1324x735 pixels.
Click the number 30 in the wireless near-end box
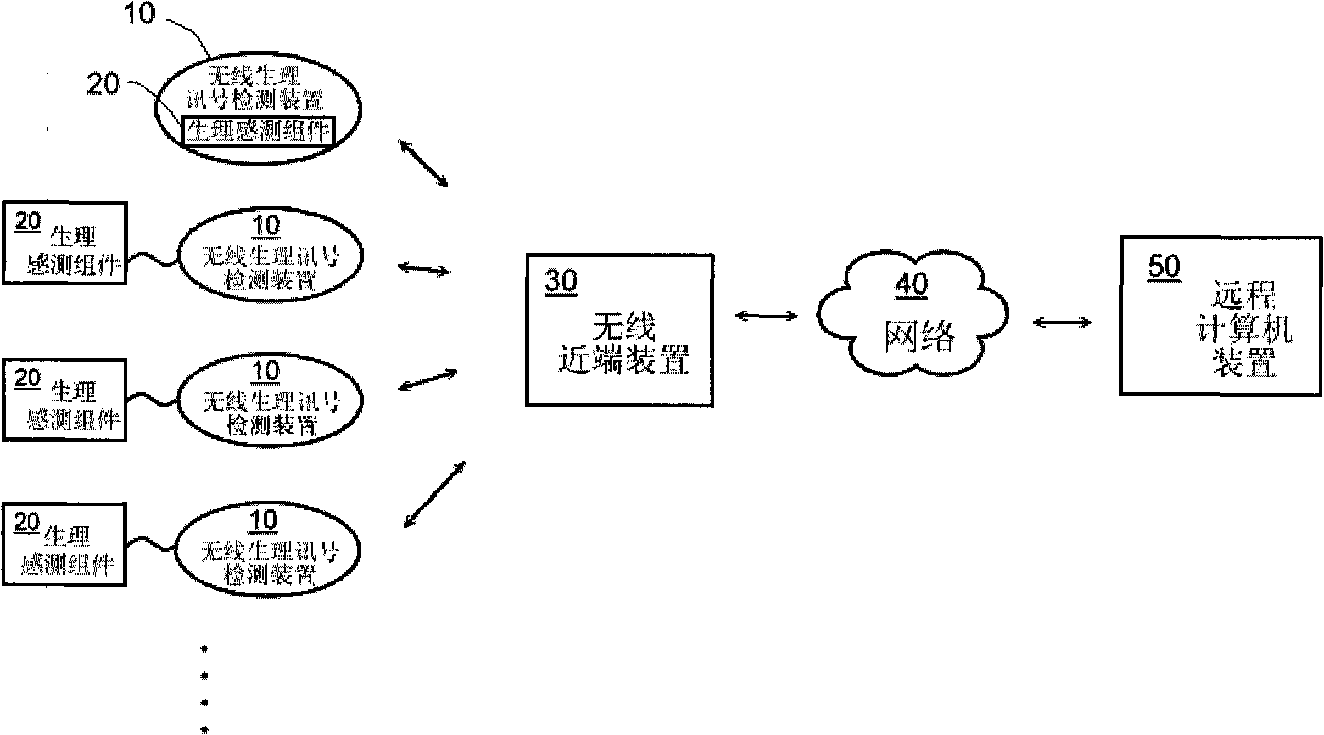click(561, 281)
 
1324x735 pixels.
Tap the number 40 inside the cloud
click(912, 284)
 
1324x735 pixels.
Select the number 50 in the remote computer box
click(1164, 267)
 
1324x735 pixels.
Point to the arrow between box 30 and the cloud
click(766, 316)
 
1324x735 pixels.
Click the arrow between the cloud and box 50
click(1062, 323)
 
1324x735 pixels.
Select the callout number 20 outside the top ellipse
click(103, 85)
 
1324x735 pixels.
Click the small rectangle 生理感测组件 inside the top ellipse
click(258, 131)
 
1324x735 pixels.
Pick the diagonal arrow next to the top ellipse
click(423, 164)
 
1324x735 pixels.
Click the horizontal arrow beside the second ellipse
click(423, 268)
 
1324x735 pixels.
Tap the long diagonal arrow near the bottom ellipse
click(435, 494)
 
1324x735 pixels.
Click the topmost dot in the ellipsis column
click(205, 649)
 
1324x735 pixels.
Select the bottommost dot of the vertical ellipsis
click(205, 729)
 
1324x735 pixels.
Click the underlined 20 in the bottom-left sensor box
click(27, 523)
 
